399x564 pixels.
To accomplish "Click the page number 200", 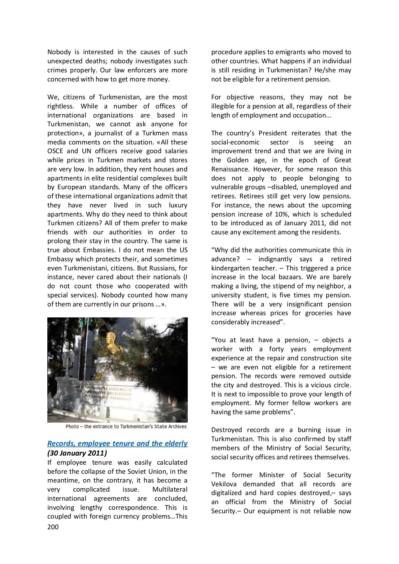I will point(53,527).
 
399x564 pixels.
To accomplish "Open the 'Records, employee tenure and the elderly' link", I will point(117,443).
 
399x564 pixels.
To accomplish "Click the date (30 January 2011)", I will point(77,453).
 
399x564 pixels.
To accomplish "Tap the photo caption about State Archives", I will point(126,426).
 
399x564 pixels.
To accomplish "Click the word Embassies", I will point(99,250).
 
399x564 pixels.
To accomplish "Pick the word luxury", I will point(178,205).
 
